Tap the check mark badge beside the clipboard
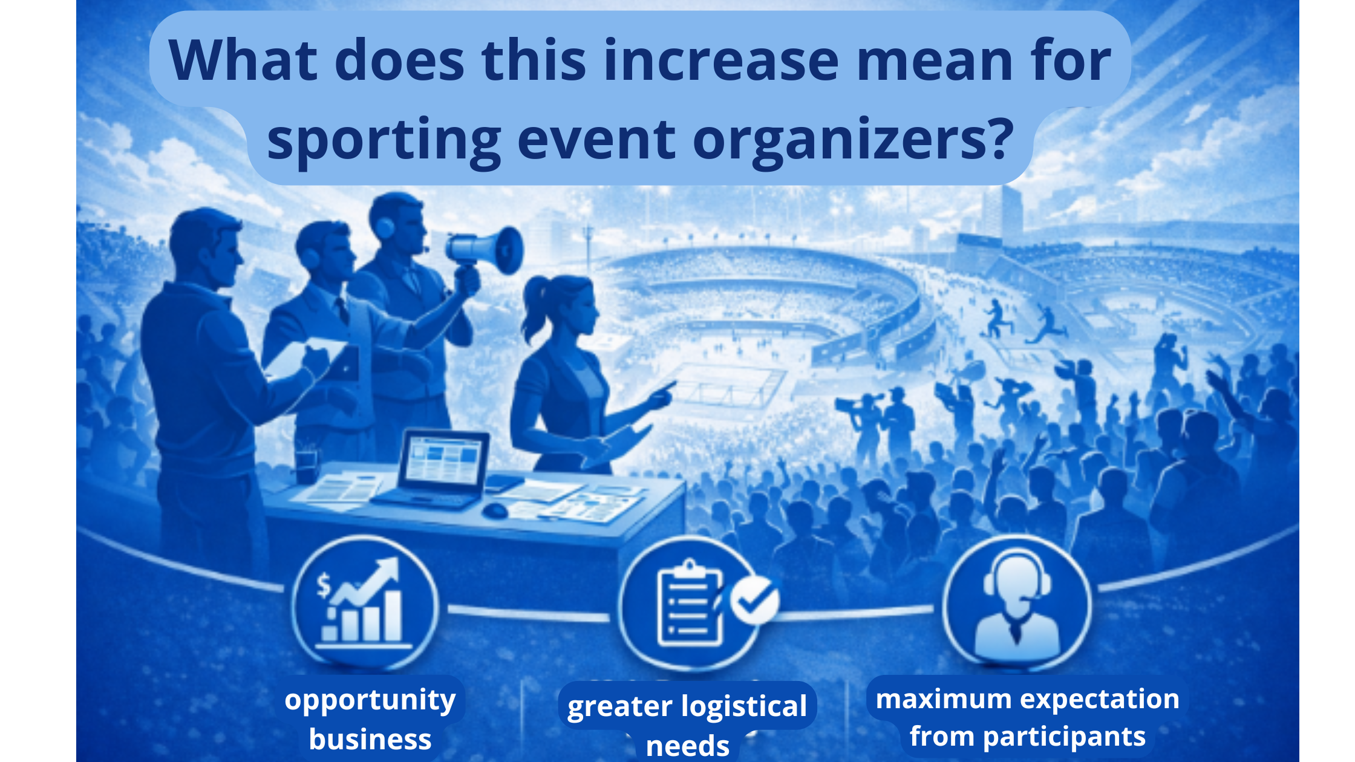754,599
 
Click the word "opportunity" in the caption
370,700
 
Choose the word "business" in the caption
370,739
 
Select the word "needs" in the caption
687,746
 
